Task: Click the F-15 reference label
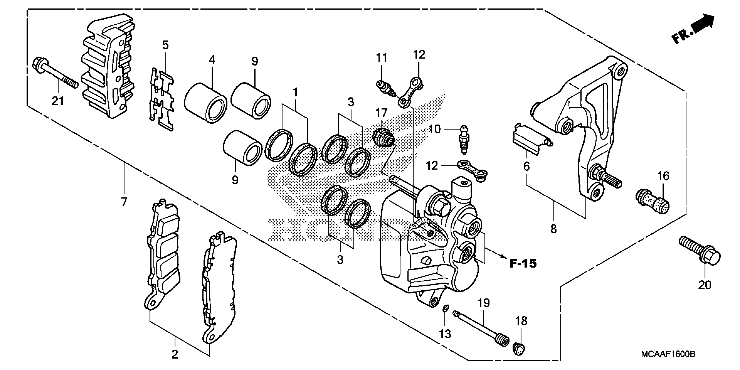[523, 263]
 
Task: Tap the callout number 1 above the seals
[295, 92]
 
